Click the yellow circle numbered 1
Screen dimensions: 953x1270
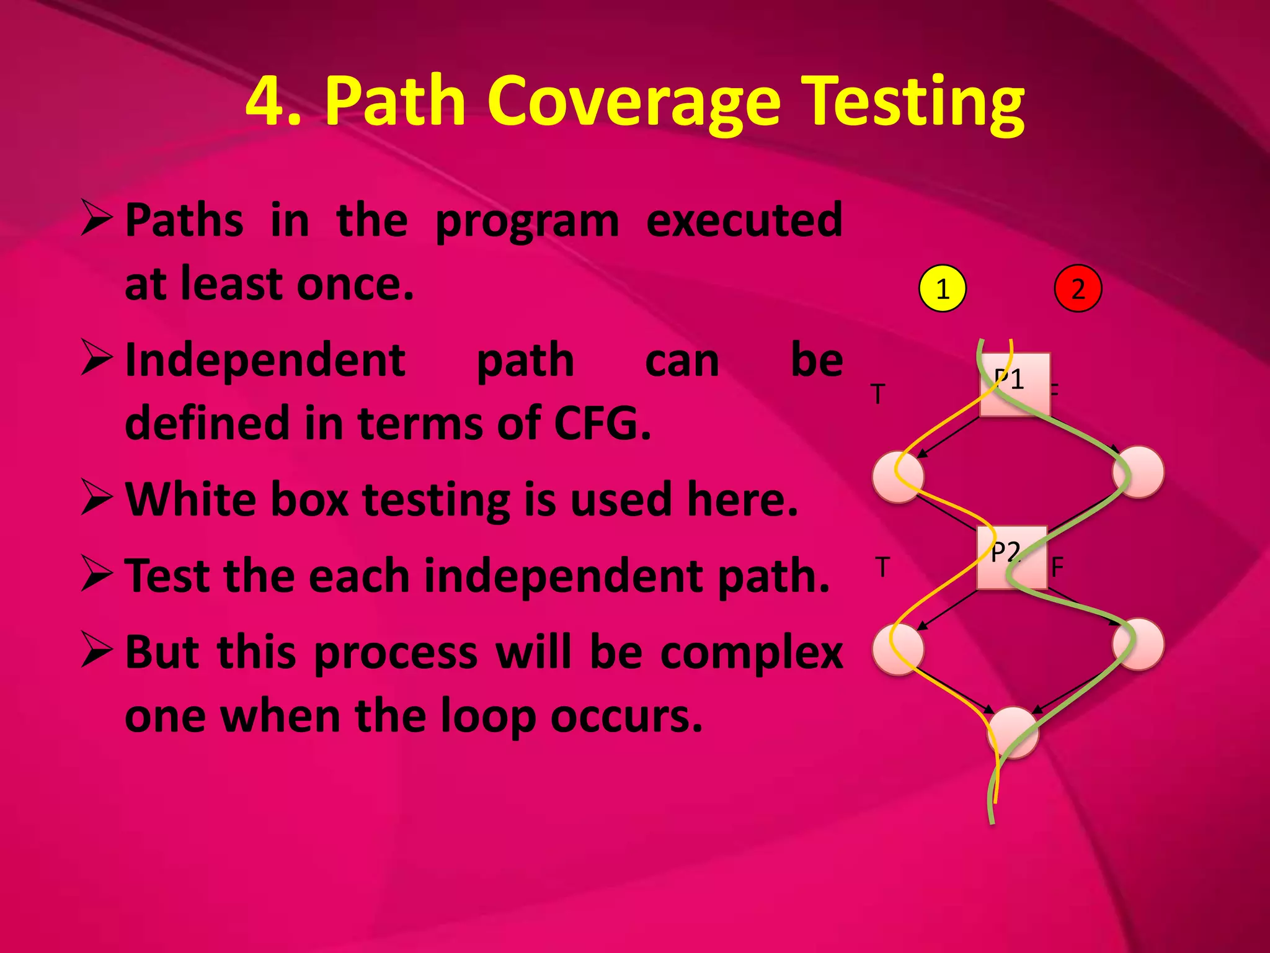point(942,289)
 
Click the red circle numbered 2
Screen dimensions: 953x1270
point(1078,289)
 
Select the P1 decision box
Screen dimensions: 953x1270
point(1015,385)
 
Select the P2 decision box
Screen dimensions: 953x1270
point(1012,557)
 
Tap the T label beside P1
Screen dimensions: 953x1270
point(877,394)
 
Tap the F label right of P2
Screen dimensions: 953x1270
point(1057,566)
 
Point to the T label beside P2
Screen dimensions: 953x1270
point(882,566)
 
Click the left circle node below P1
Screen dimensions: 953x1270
point(898,476)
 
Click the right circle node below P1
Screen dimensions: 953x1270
point(1138,472)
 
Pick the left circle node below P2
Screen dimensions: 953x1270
point(898,648)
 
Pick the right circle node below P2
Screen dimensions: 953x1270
point(1138,645)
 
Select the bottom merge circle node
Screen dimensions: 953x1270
point(1013,733)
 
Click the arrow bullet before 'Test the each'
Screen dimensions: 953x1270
point(96,574)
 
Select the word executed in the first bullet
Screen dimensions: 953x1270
point(744,220)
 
